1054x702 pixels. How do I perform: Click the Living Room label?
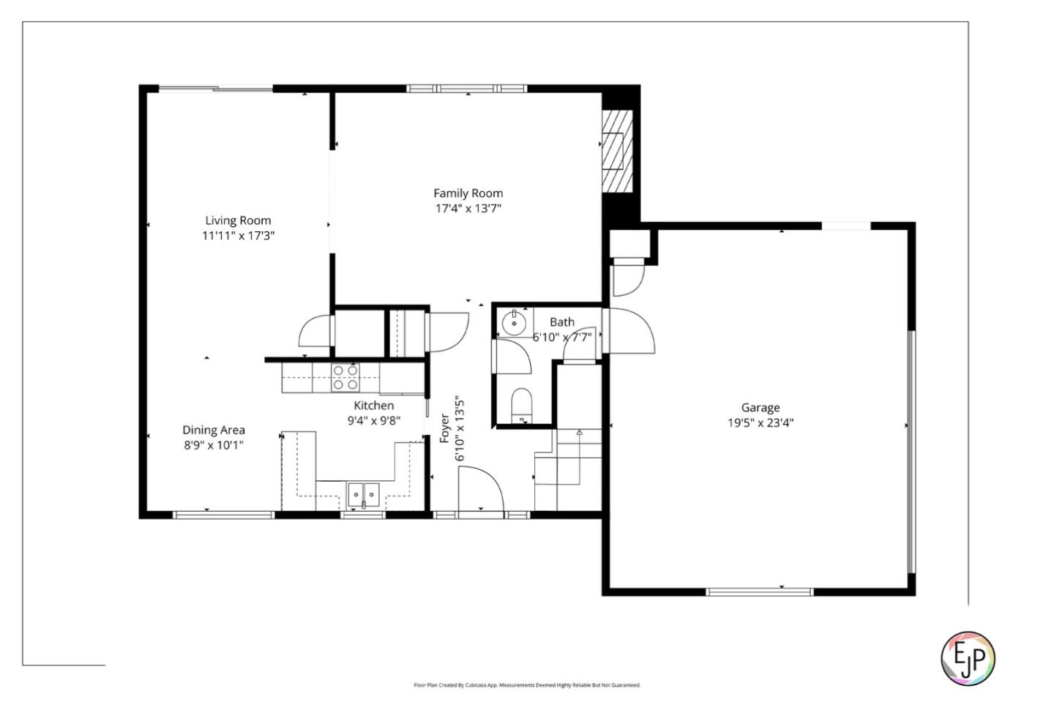point(238,220)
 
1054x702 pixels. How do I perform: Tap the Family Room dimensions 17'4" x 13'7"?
point(468,209)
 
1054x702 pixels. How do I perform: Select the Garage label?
point(760,408)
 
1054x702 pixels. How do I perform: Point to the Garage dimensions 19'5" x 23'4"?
point(760,422)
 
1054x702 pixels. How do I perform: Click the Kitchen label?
point(373,406)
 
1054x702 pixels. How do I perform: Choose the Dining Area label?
point(213,430)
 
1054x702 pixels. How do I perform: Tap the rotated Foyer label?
point(444,429)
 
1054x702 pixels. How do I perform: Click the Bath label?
point(561,322)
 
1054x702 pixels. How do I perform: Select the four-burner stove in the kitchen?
point(345,377)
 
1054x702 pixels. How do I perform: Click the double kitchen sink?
point(364,496)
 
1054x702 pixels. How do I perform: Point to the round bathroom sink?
point(515,321)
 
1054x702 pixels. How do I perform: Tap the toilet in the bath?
point(522,405)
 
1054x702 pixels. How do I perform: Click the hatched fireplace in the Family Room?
point(616,152)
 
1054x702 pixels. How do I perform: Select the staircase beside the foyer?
point(569,468)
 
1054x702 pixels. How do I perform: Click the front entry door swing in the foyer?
point(480,489)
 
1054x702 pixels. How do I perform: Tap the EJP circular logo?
point(968,657)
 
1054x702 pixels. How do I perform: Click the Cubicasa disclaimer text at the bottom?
point(527,685)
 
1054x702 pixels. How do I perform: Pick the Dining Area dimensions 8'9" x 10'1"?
point(213,445)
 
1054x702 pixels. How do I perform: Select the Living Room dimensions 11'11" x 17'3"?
point(238,236)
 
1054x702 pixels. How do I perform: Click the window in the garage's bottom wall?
point(760,591)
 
